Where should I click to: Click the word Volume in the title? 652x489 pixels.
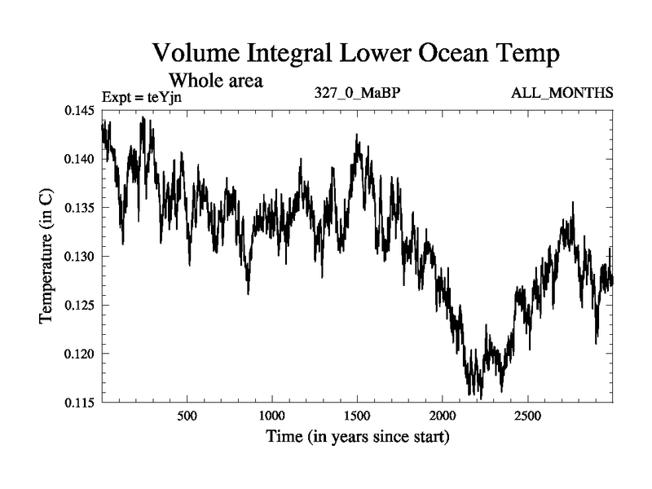click(x=196, y=54)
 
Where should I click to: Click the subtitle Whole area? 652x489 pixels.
click(x=215, y=81)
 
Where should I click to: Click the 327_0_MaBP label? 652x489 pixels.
click(x=357, y=92)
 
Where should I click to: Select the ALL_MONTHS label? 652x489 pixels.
click(x=562, y=92)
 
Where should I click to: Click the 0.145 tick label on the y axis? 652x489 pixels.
click(x=81, y=110)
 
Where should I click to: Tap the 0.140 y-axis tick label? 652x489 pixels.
click(x=81, y=159)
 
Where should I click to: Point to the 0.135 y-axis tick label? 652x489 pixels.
click(x=81, y=208)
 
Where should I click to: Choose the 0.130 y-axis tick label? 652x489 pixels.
click(x=81, y=257)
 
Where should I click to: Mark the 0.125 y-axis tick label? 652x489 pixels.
click(x=81, y=306)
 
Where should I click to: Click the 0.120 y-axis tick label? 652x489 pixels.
click(x=81, y=354)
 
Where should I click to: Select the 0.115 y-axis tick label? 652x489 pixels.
click(x=81, y=403)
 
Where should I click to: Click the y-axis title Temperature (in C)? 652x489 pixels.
click(x=47, y=257)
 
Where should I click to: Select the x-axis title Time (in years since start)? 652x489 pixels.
click(x=358, y=438)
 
